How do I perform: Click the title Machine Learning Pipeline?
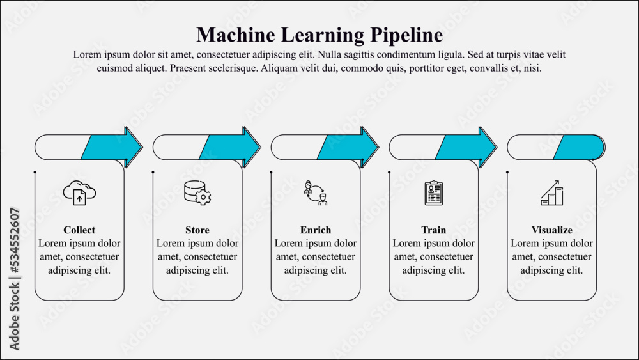319,34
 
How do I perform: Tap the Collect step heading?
79,230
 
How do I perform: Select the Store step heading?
197,230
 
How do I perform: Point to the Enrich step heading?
316,230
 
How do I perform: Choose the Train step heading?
434,230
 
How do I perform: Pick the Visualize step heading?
552,230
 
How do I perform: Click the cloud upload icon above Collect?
79,192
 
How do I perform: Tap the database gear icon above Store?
197,192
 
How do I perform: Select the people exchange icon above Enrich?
316,192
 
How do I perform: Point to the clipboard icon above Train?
434,192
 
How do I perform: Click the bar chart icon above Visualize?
552,192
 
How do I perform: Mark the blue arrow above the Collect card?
112,147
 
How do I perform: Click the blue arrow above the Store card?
230,147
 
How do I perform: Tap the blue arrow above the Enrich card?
348,147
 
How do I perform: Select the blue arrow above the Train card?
466,147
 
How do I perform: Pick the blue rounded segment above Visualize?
579,147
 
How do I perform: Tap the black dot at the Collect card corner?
35,172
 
